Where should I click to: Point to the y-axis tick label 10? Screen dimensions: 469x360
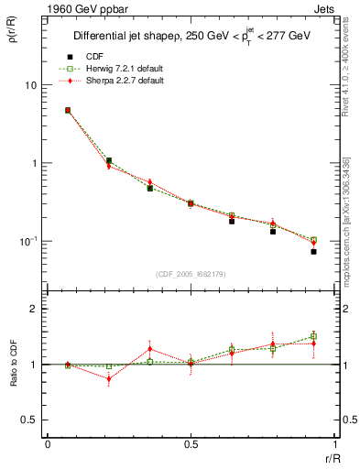(x=29, y=85)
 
